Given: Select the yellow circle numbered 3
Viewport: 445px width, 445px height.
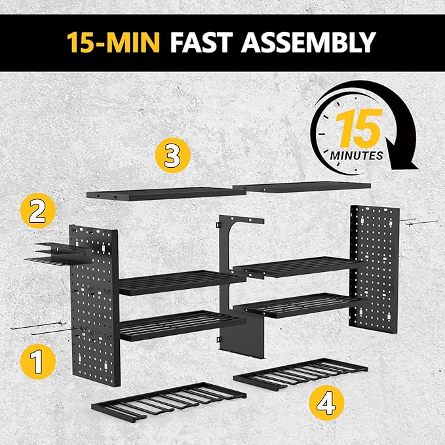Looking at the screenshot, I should click(172, 157).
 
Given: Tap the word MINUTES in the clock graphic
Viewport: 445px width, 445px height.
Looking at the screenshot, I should click(357, 156).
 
